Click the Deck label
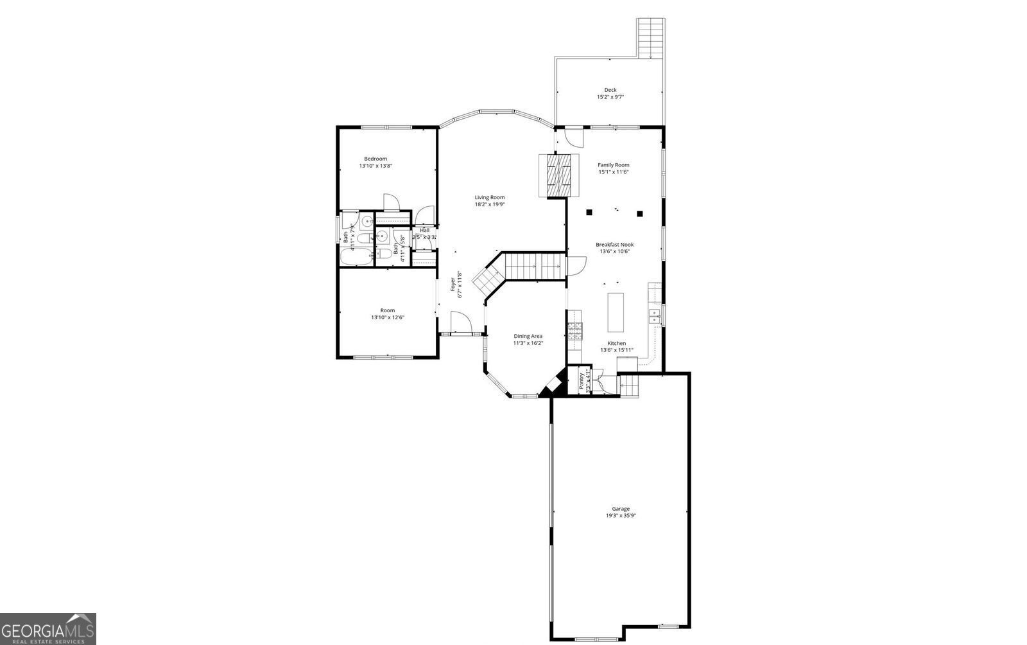pos(610,90)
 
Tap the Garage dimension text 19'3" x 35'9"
pos(620,515)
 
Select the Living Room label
pos(489,197)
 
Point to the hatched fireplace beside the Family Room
pos(558,175)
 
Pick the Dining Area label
pos(528,336)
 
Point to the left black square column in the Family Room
pos(589,213)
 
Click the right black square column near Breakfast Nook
pos(639,213)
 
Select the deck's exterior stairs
pos(650,37)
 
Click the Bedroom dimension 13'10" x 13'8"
pos(375,166)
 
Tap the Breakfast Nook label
pos(614,244)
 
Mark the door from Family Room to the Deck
pos(574,137)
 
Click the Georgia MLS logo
pos(48,628)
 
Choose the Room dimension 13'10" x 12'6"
pos(387,317)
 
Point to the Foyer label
pos(453,283)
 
